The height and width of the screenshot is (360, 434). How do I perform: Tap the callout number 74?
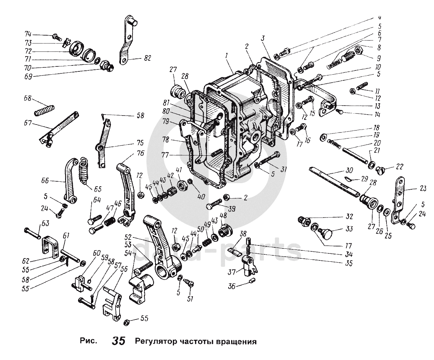(x=28, y=34)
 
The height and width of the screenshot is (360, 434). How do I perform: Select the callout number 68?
(x=28, y=98)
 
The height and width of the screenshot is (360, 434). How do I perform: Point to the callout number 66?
(x=45, y=180)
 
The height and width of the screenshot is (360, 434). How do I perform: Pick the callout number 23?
(x=422, y=188)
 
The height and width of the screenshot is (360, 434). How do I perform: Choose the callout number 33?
(x=349, y=229)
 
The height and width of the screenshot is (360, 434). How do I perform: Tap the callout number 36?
(x=232, y=286)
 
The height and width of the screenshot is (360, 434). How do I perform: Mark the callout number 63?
(x=45, y=224)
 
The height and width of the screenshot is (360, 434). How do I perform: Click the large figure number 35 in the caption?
(x=119, y=340)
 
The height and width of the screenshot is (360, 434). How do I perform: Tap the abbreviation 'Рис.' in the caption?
(x=88, y=341)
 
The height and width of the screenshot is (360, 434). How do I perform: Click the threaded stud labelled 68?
(x=44, y=111)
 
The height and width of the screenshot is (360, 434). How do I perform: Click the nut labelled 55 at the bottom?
(x=127, y=322)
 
